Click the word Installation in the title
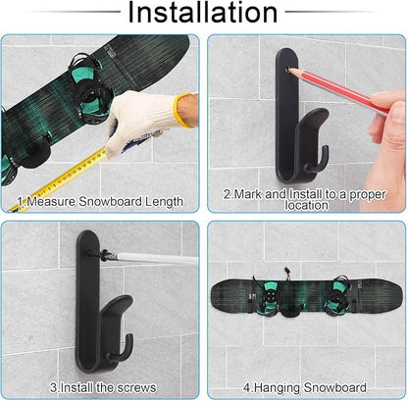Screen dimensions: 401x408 pos(203,14)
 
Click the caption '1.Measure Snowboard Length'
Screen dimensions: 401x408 pos(99,202)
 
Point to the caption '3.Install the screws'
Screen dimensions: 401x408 pos(102,387)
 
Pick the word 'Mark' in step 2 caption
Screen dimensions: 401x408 pos(244,194)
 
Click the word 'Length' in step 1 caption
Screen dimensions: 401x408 pos(160,202)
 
